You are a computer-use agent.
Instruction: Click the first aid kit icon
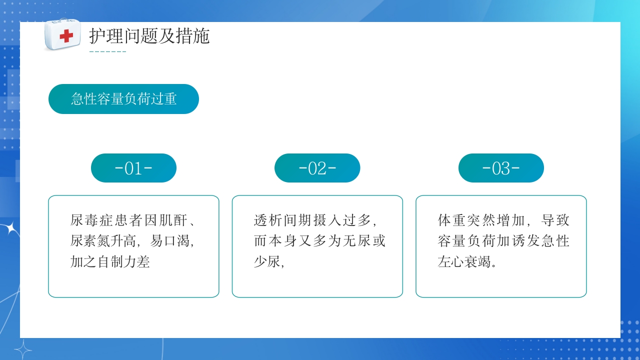[62, 34]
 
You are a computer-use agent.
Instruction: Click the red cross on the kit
[66, 36]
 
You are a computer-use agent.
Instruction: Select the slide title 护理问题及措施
[149, 36]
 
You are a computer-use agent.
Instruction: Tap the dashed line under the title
[107, 52]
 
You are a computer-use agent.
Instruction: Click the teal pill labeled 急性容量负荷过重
[123, 99]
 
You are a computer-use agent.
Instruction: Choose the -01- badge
[133, 168]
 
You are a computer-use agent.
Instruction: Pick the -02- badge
[317, 168]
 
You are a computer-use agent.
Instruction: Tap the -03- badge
[501, 168]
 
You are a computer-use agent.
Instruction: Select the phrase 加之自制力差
[110, 261]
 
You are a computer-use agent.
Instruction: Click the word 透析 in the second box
[267, 220]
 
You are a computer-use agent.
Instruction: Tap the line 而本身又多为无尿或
[320, 241]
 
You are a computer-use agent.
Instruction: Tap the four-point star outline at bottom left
[23, 348]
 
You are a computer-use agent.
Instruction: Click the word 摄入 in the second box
[320, 220]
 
